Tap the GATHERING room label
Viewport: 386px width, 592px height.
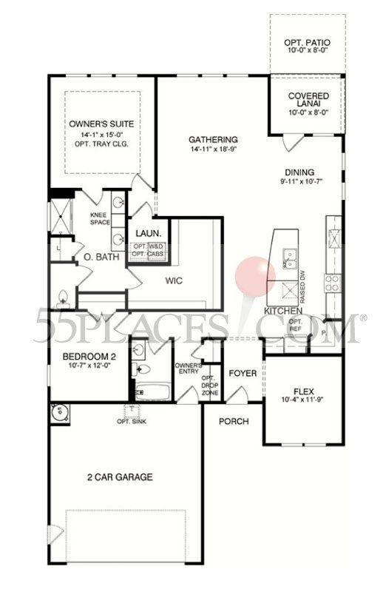[x=213, y=140]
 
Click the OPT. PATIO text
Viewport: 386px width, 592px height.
[x=307, y=44]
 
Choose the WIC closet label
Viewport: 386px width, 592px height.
[x=174, y=281]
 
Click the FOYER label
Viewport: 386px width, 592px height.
[x=242, y=374]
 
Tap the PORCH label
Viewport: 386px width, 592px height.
[x=234, y=421]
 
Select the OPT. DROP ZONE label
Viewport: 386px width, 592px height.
[x=209, y=386]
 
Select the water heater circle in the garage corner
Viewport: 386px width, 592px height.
[x=58, y=413]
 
